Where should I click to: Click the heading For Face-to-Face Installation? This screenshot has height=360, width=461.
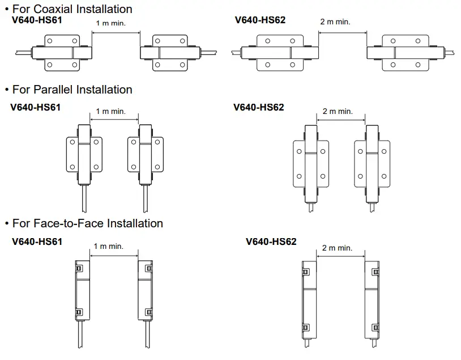[x=87, y=223]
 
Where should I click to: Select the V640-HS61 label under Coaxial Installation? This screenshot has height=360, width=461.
[x=37, y=20]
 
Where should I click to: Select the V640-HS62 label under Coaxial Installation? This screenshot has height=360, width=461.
[x=260, y=20]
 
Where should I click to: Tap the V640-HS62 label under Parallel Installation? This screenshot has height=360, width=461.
[x=258, y=107]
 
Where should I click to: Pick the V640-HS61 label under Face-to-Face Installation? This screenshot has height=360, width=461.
[x=37, y=242]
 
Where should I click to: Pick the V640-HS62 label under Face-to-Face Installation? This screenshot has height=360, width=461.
[x=271, y=242]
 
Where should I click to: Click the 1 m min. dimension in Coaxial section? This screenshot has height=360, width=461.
[x=110, y=23]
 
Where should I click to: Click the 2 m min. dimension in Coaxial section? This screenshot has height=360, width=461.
[x=335, y=22]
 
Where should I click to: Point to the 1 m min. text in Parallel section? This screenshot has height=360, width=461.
[x=110, y=111]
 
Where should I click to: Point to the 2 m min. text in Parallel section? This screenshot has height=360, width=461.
[x=338, y=111]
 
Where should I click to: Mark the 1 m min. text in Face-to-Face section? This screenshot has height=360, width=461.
[x=108, y=246]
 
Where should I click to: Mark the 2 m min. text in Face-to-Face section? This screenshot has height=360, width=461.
[x=337, y=248]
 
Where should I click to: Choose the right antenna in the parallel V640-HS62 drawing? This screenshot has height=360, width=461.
[x=372, y=163]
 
